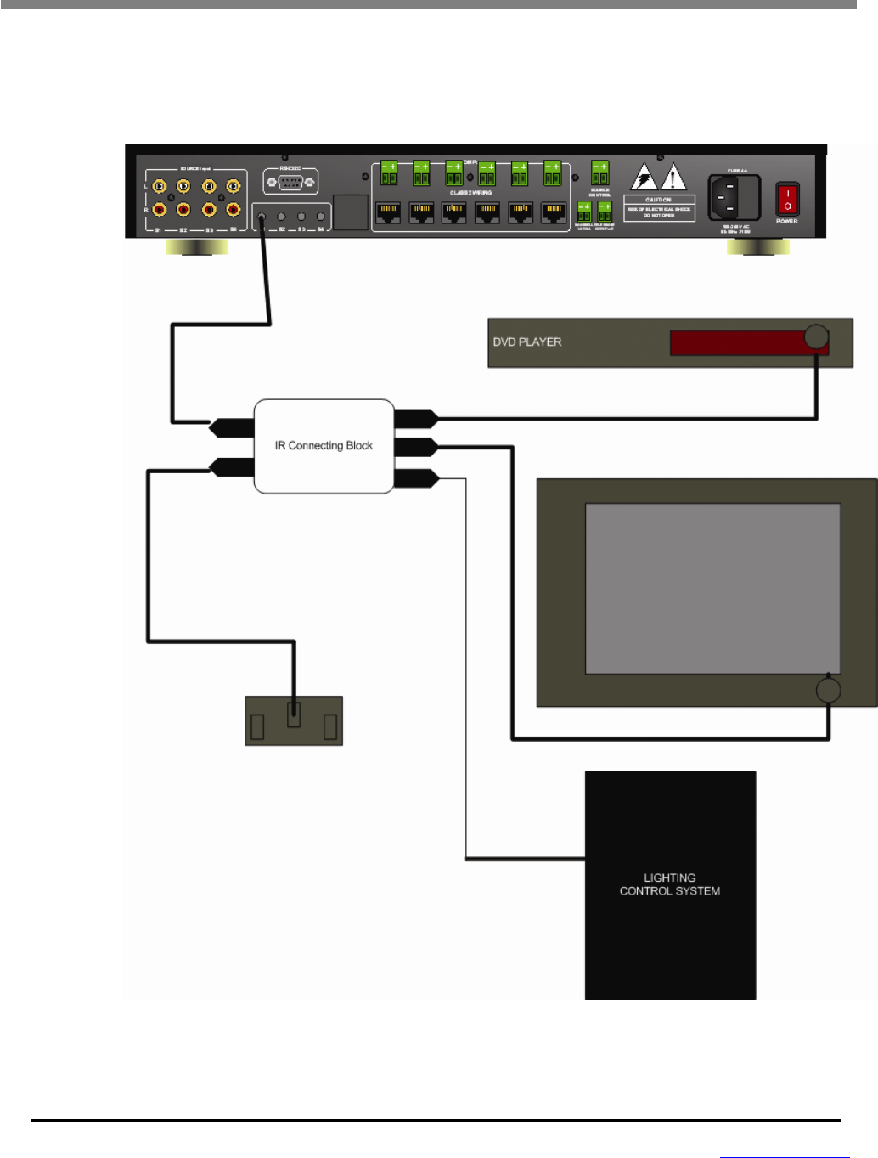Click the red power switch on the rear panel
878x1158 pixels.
(787, 199)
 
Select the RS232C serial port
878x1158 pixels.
(290, 181)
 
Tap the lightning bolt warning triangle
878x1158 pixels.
(644, 178)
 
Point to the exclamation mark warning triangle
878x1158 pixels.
(673, 178)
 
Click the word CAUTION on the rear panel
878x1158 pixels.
(659, 201)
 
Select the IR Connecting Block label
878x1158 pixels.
(324, 445)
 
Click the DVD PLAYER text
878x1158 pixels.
(527, 342)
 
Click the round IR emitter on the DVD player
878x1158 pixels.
(816, 336)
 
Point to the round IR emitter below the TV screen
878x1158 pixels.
(828, 690)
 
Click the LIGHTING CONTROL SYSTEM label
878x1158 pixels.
(670, 884)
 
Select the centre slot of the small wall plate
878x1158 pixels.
(294, 714)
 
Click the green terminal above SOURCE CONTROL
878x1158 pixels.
(599, 173)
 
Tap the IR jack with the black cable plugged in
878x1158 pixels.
(262, 217)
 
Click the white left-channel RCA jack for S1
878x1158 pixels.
(160, 186)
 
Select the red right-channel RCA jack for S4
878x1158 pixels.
(233, 209)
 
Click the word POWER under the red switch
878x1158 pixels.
(787, 221)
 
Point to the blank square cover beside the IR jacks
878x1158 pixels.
(351, 212)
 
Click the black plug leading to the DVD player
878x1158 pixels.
(416, 418)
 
